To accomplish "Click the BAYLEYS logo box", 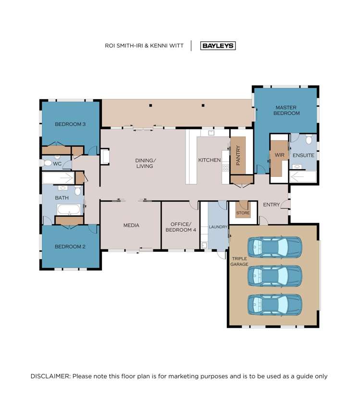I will pyautogui.click(x=218, y=46).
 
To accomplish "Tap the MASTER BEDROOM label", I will pyautogui.click(x=286, y=110).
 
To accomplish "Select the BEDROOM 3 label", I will pyautogui.click(x=70, y=124).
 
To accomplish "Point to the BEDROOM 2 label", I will pyautogui.click(x=70, y=247).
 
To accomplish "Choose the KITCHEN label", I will pyautogui.click(x=209, y=160).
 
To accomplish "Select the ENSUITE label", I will pyautogui.click(x=303, y=156).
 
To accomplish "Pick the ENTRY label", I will pyautogui.click(x=271, y=205).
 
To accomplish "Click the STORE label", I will pyautogui.click(x=242, y=213).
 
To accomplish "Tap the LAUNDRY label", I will pyautogui.click(x=218, y=227).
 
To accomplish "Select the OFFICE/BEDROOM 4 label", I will pyautogui.click(x=181, y=227).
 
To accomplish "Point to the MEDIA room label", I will pyautogui.click(x=131, y=225).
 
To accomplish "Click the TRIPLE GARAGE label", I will pyautogui.click(x=239, y=261).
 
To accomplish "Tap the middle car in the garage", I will pyautogui.click(x=274, y=276).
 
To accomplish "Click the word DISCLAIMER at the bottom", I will pyautogui.click(x=50, y=376).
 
